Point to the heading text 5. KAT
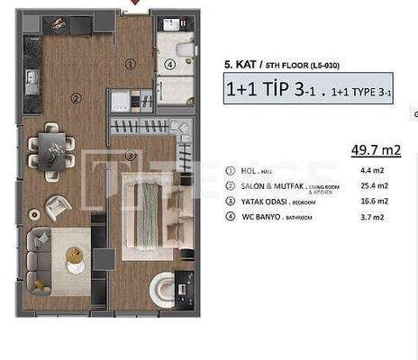pos(241,65)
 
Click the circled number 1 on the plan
pos(131,64)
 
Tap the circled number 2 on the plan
pos(77,99)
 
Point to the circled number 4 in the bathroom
pos(170,64)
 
